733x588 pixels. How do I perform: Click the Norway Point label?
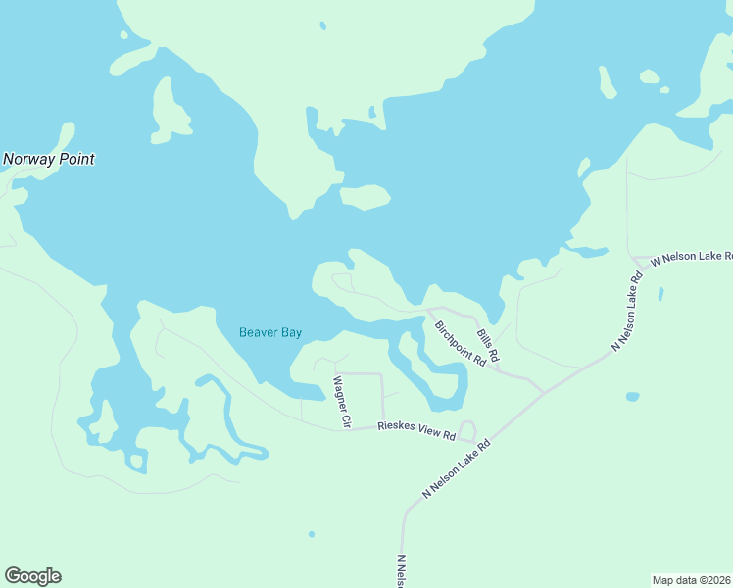point(49,159)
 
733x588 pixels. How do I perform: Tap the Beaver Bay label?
point(270,332)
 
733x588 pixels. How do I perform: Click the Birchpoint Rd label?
point(461,343)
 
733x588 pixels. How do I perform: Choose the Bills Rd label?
point(488,343)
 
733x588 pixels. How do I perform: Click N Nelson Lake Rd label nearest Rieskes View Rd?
point(456,469)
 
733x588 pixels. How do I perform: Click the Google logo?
point(32,576)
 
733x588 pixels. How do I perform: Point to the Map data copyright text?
point(692,579)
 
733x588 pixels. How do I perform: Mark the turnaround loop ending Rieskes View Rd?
point(467,430)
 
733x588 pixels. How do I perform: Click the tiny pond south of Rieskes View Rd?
point(312,534)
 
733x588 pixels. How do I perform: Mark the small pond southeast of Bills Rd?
point(632,397)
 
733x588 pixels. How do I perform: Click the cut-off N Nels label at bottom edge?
point(401,571)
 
